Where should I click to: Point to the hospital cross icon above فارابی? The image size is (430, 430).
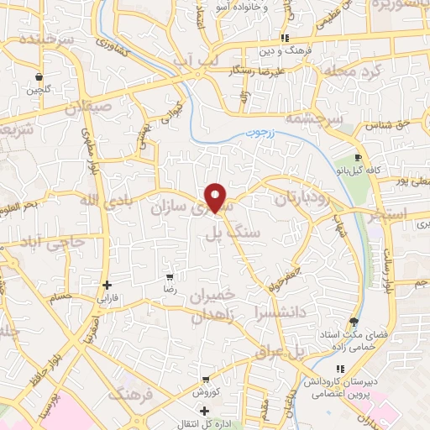107,286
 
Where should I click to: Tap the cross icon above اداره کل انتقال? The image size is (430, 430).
205,411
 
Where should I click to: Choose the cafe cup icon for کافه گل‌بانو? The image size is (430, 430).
359,157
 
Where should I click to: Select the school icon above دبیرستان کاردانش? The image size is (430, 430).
339,369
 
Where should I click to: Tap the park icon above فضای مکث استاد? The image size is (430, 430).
354,322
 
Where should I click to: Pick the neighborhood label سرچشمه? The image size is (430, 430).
310,119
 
